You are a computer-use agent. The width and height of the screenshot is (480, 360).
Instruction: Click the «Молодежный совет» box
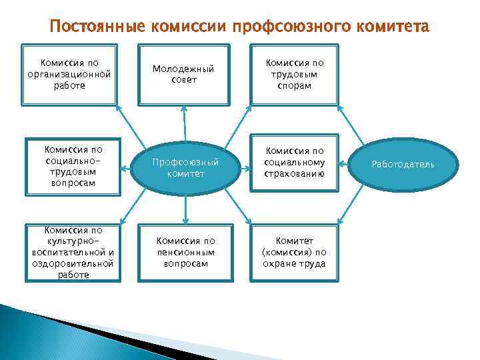(183, 74)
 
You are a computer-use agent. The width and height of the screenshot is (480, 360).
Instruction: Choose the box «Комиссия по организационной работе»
(69, 74)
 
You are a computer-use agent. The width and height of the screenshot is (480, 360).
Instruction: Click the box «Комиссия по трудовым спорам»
(295, 74)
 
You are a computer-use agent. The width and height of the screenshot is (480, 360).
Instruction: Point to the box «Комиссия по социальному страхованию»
(295, 163)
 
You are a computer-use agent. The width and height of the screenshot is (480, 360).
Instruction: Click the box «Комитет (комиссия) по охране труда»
(295, 253)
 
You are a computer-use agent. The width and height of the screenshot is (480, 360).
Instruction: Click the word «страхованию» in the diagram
(295, 175)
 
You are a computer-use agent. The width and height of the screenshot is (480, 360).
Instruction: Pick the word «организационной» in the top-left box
(69, 75)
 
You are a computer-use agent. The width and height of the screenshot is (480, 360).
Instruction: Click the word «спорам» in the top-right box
(295, 86)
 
